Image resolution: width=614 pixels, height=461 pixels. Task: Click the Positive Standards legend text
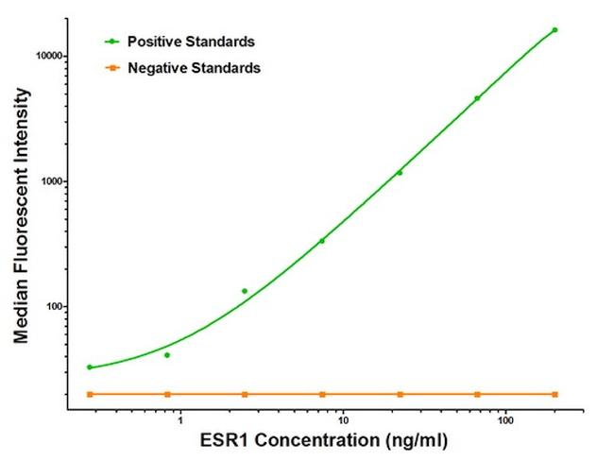[191, 42]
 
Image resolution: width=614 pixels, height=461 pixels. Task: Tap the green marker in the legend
[112, 42]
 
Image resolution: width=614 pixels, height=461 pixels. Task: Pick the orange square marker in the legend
[112, 68]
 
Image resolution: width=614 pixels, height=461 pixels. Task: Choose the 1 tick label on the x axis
[179, 418]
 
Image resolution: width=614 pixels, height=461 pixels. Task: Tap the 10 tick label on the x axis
[343, 418]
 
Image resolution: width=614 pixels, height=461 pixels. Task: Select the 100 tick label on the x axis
[506, 418]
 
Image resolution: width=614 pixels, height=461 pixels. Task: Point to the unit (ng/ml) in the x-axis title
[409, 441]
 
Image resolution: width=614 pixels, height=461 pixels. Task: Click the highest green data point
[554, 30]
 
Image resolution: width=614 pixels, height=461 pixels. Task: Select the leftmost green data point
[90, 367]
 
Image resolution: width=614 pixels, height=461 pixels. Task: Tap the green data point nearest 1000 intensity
[400, 172]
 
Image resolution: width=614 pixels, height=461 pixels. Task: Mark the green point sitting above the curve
[245, 291]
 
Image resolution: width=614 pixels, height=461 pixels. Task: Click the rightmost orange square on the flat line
[554, 394]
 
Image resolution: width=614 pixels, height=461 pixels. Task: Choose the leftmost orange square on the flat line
[90, 394]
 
